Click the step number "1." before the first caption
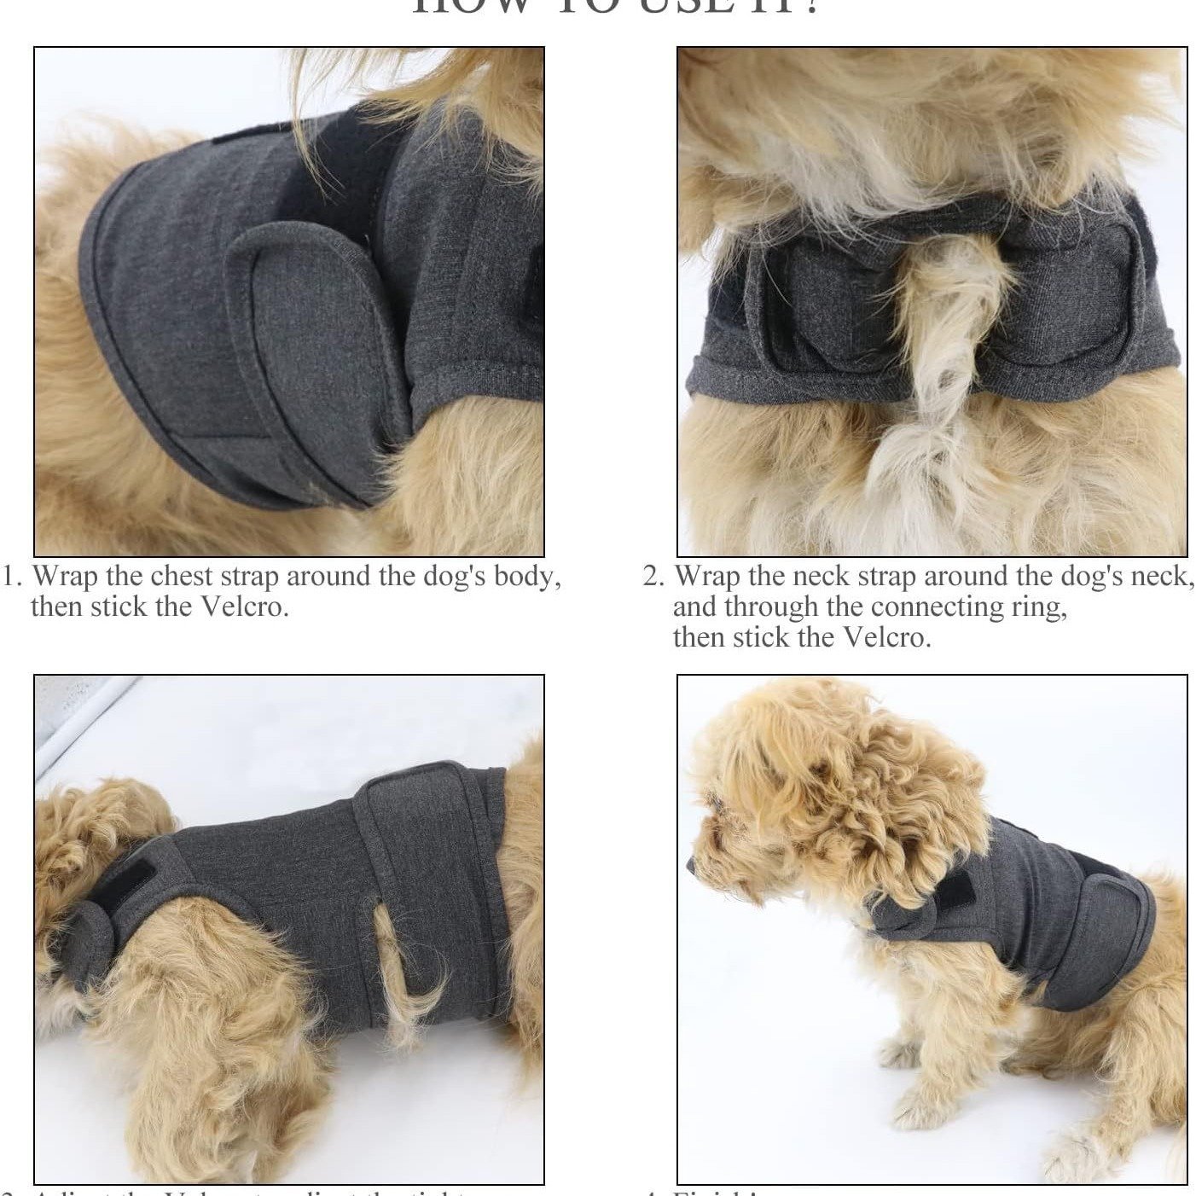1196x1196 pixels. point(13,577)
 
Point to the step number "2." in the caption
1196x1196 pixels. point(653,577)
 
